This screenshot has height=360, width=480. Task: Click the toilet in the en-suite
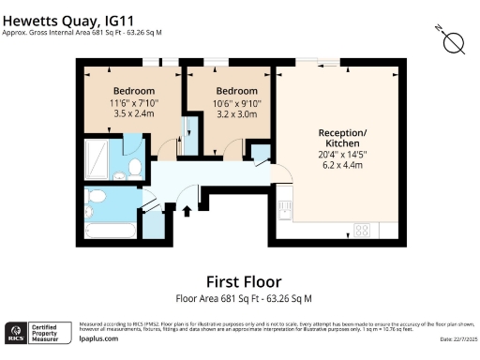point(134,168)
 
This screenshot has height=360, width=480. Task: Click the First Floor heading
point(243,281)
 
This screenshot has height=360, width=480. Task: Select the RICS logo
point(16,333)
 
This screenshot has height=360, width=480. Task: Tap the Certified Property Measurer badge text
point(51,333)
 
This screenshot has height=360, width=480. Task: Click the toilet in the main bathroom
point(97,197)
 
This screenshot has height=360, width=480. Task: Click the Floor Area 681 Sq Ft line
point(243,298)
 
